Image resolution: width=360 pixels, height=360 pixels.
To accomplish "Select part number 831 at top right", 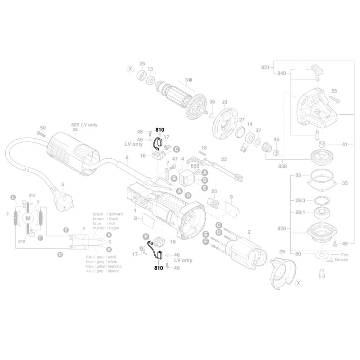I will (x=265, y=67).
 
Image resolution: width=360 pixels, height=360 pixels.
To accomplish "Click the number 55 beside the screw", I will (x=333, y=91).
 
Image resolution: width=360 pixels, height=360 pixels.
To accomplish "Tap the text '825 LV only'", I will (x=84, y=124).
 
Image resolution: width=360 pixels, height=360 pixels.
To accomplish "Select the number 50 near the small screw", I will (x=43, y=128).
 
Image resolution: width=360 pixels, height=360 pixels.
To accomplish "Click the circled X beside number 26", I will (x=130, y=69).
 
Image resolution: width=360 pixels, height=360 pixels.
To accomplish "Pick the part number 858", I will (x=195, y=166).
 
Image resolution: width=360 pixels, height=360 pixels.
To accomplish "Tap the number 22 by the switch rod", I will (x=224, y=159).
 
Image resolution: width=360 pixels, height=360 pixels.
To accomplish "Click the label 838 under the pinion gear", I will (x=283, y=166).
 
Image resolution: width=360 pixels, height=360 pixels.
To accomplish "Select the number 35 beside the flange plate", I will (x=345, y=183).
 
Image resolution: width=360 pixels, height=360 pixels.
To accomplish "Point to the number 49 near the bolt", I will (x=345, y=244).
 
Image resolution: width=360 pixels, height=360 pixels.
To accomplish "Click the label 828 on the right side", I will (x=281, y=229).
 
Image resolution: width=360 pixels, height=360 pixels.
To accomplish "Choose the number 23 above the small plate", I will (x=214, y=191).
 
